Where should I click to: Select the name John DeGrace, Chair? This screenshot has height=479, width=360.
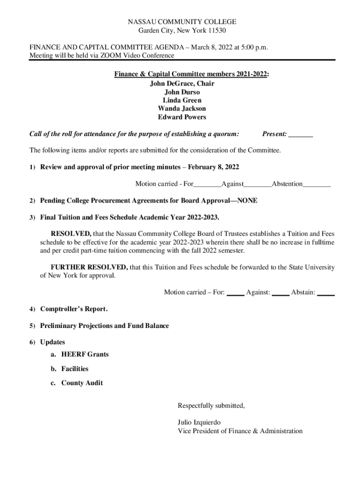pos(182,84)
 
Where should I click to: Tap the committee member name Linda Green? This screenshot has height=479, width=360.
pos(182,101)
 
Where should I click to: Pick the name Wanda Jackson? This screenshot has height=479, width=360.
pos(182,109)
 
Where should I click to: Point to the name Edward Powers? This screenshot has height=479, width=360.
pos(182,117)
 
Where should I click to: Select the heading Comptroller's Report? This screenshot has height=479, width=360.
pos(74,309)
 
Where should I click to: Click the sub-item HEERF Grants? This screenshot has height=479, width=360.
pos(85,354)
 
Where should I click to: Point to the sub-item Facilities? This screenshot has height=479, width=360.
pos(75,369)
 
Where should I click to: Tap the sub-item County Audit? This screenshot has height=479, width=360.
pos(82,383)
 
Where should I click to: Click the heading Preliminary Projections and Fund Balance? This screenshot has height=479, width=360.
pos(105,326)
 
